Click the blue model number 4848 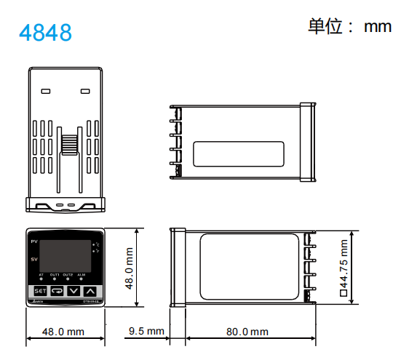point(45,33)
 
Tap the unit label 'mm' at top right point(378,27)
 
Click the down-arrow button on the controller point(74,291)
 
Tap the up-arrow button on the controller point(90,291)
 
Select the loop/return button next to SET point(57,291)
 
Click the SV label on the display point(33,259)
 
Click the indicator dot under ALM point(82,279)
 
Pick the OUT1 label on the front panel point(55,274)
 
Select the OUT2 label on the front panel point(68,274)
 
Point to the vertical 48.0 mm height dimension point(130,268)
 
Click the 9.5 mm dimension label point(146,332)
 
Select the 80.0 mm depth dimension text point(247,332)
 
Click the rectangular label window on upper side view point(239,154)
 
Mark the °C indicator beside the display point(95,244)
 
